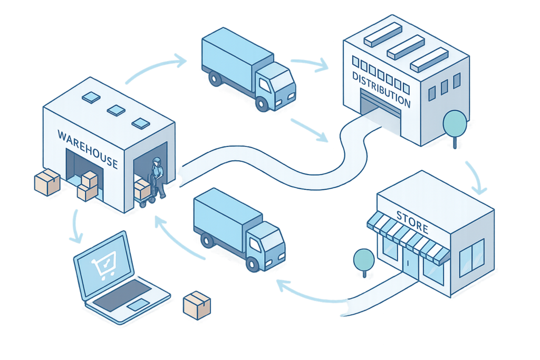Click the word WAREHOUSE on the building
click(87, 148)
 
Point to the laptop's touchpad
click(138, 304)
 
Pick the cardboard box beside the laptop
click(197, 305)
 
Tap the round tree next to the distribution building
click(455, 122)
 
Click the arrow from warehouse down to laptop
click(77, 227)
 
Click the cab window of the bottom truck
click(257, 243)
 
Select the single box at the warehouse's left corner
click(47, 182)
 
